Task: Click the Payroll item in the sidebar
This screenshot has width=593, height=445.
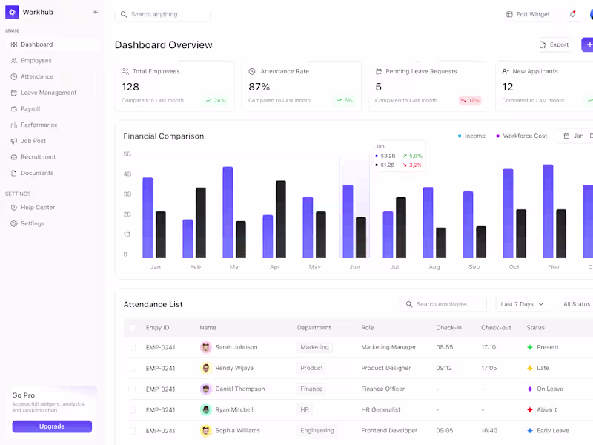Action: pos(30,109)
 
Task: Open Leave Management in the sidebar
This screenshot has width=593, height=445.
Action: pos(47,93)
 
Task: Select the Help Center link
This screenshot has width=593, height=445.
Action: pos(37,208)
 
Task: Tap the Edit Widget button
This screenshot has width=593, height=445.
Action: pos(528,14)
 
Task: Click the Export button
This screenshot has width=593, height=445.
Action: pos(554,44)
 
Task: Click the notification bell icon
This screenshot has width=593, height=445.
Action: pos(572,14)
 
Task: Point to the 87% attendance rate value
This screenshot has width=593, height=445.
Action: pos(259,87)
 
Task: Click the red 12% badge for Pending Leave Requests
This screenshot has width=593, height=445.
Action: pos(470,100)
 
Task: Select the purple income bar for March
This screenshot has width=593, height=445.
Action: pos(228,211)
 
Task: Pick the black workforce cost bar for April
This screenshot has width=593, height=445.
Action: pos(281,219)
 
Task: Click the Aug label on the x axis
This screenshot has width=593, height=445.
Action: pos(434,267)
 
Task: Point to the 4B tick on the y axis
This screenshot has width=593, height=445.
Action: pos(127,174)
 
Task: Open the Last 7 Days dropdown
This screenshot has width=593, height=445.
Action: pos(522,304)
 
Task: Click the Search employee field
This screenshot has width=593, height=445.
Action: pos(445,304)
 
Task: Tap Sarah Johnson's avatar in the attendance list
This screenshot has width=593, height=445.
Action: pos(205,347)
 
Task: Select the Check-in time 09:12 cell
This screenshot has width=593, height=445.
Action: pos(445,368)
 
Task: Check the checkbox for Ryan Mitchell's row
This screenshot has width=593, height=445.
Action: pos(133,409)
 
